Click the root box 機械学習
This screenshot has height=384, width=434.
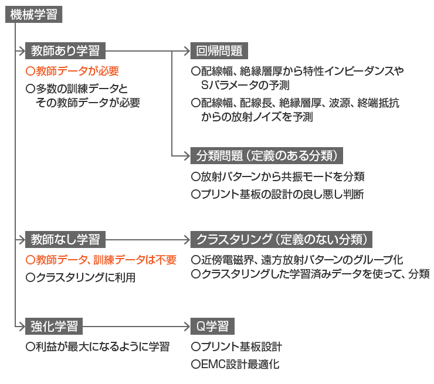point(34,15)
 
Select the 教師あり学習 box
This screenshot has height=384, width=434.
point(65,51)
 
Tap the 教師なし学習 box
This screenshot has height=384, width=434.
point(65,239)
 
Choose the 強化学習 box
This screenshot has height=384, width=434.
point(54,325)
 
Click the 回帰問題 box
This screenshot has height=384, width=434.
point(219,51)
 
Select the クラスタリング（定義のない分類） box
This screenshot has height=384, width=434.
point(282,239)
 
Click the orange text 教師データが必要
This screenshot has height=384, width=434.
point(73,71)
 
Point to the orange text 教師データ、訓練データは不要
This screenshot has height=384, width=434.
point(101,259)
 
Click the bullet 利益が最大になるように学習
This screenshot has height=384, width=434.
point(98,346)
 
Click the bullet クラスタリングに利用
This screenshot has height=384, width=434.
point(81,277)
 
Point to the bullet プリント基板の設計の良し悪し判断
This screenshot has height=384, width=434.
point(277,194)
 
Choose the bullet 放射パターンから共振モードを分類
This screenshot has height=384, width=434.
point(278,176)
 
